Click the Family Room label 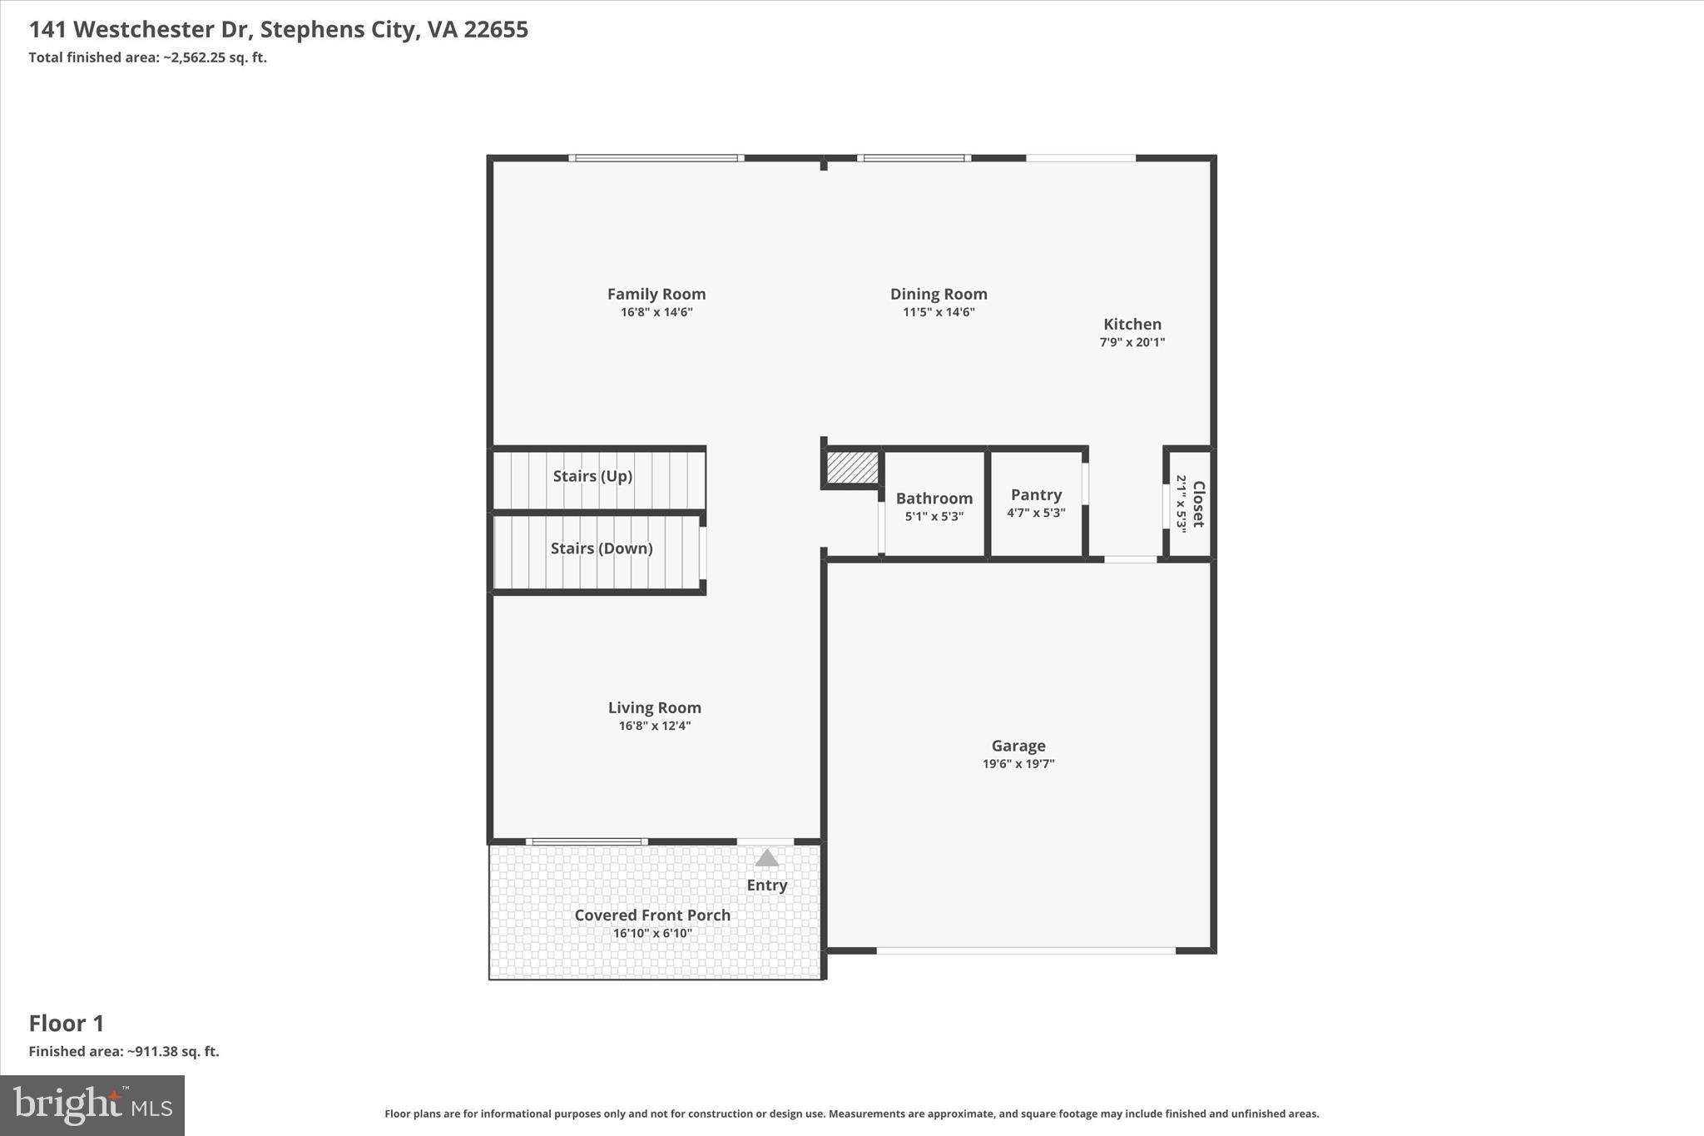pyautogui.click(x=656, y=294)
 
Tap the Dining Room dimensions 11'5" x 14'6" pyautogui.click(x=939, y=312)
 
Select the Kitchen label pyautogui.click(x=1132, y=324)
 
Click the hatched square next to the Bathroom pyautogui.click(x=852, y=467)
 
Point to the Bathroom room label pyautogui.click(x=934, y=498)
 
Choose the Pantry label pyautogui.click(x=1036, y=494)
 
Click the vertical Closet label pyautogui.click(x=1198, y=504)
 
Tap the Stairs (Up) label pyautogui.click(x=592, y=476)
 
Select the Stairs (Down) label pyautogui.click(x=601, y=548)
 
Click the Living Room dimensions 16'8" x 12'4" pyautogui.click(x=654, y=726)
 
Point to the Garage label pyautogui.click(x=1018, y=746)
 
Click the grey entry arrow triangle pyautogui.click(x=766, y=858)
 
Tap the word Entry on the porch pyautogui.click(x=766, y=885)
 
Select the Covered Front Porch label pyautogui.click(x=652, y=915)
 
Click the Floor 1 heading pyautogui.click(x=67, y=1023)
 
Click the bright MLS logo pyautogui.click(x=92, y=1105)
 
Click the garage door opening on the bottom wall pyautogui.click(x=1025, y=950)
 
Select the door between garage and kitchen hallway pyautogui.click(x=1130, y=559)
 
